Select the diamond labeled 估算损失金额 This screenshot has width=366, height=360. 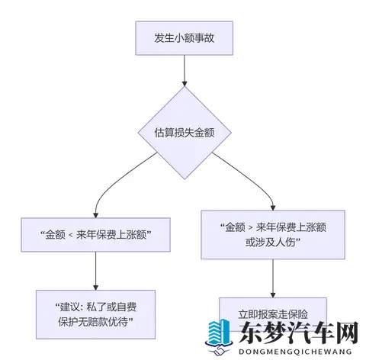[183, 131]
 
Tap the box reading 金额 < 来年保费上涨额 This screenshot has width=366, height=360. [95, 236]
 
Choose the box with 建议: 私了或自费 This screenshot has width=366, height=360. [95, 313]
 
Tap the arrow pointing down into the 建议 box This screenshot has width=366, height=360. [95, 272]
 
